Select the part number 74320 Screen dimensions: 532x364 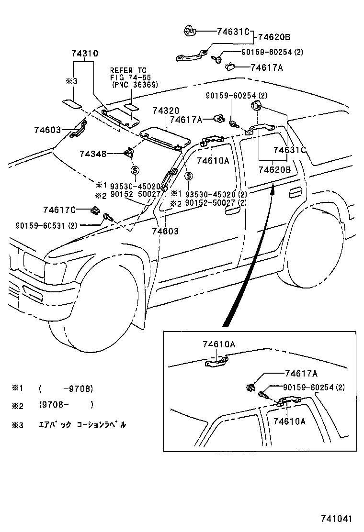tap(166, 111)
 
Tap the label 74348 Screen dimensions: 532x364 tap(93, 154)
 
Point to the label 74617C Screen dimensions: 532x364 tap(59, 210)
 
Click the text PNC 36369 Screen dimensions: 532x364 tap(134, 85)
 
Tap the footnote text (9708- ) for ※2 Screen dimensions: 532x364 tap(65, 405)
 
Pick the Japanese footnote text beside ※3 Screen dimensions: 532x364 tap(82, 424)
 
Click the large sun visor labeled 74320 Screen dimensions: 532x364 tap(165, 136)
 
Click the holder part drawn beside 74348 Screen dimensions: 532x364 tap(129, 153)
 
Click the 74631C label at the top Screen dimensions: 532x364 tap(233, 32)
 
